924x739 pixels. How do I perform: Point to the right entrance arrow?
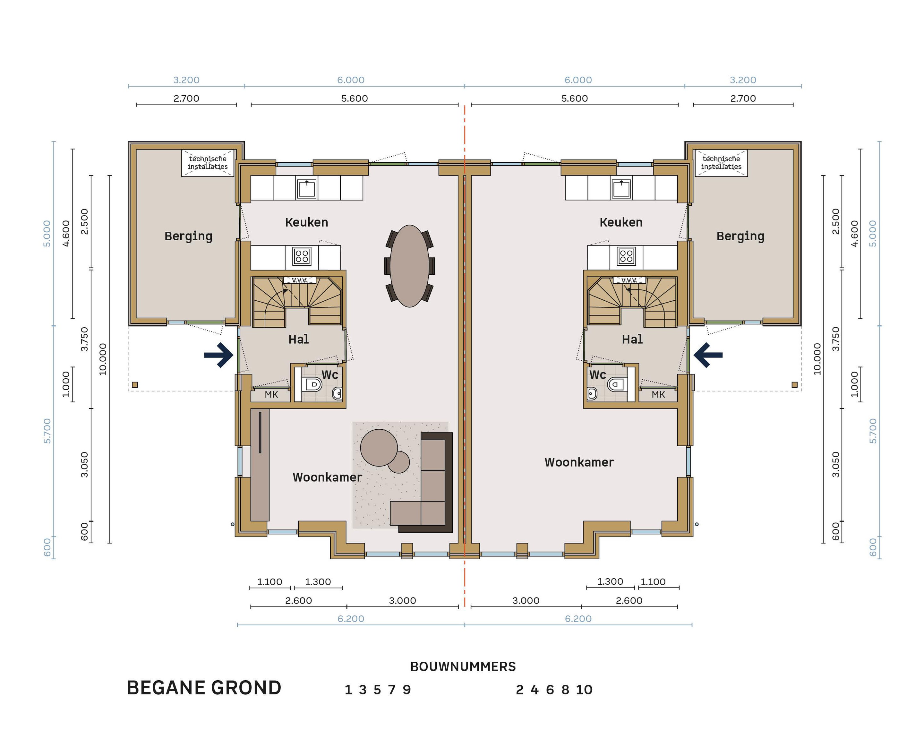(708, 355)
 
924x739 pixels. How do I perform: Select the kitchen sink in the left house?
(307, 189)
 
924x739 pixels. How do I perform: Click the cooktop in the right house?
(626, 256)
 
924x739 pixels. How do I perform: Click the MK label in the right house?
(658, 394)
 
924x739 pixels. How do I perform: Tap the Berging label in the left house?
(189, 236)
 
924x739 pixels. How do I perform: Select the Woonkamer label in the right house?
(579, 462)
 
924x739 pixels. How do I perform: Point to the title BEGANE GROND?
(204, 688)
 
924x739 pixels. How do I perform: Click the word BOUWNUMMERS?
(463, 666)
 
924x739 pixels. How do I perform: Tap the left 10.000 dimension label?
(103, 359)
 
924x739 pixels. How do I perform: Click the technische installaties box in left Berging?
(208, 163)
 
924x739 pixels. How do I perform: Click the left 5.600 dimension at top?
(355, 98)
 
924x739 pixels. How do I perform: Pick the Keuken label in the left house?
(306, 222)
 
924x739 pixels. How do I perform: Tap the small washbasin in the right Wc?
(592, 393)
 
